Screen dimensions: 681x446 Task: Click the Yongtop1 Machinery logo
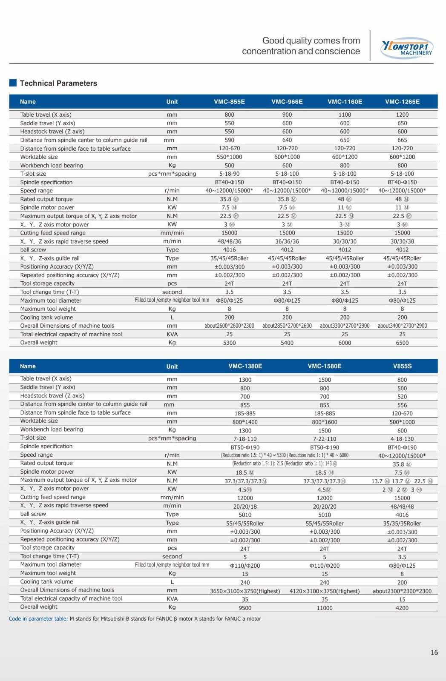407,48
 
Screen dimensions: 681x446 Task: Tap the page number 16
434,652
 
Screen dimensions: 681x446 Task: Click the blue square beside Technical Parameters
13,83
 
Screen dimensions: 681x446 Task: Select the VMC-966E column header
287,102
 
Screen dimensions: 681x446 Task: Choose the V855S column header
402,366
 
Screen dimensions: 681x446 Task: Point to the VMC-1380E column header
245,366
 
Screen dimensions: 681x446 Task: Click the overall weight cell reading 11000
325,608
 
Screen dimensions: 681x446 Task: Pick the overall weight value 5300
229,343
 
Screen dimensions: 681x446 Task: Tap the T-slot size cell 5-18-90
229,174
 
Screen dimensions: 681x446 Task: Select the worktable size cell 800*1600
325,422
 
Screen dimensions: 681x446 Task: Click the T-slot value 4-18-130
402,439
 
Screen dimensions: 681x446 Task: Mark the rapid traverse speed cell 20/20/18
245,506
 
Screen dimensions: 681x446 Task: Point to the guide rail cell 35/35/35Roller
402,524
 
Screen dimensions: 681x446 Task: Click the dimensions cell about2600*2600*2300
229,326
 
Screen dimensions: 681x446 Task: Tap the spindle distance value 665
402,140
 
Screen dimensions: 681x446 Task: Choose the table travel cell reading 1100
345,114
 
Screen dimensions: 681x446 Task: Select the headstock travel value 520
402,396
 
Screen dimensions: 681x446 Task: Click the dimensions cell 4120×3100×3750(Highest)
325,591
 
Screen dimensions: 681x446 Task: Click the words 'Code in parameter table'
38,619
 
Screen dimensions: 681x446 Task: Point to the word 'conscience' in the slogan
340,52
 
